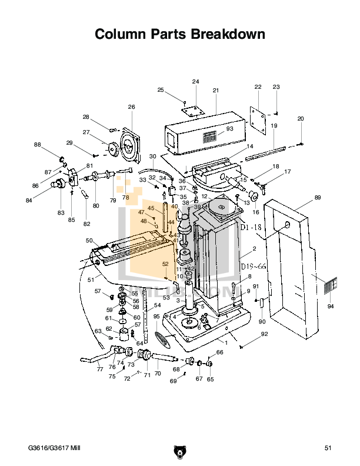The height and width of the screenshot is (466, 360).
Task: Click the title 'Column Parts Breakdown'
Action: click(179, 35)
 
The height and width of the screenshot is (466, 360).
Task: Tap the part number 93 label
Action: click(229, 129)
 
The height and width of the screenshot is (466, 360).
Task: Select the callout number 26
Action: click(131, 107)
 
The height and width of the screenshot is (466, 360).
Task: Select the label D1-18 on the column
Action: click(249, 227)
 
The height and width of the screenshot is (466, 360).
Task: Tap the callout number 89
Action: click(317, 198)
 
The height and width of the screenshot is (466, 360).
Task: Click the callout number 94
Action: click(330, 307)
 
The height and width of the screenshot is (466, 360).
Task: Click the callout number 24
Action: click(195, 81)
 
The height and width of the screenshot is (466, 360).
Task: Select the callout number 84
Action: click(45, 201)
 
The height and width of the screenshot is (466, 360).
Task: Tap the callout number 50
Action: click(89, 241)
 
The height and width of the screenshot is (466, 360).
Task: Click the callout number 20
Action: click(301, 119)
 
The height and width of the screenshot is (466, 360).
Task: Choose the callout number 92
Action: click(264, 334)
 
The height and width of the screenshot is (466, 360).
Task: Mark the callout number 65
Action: click(210, 380)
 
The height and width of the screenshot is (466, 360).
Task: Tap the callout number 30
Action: click(152, 156)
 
